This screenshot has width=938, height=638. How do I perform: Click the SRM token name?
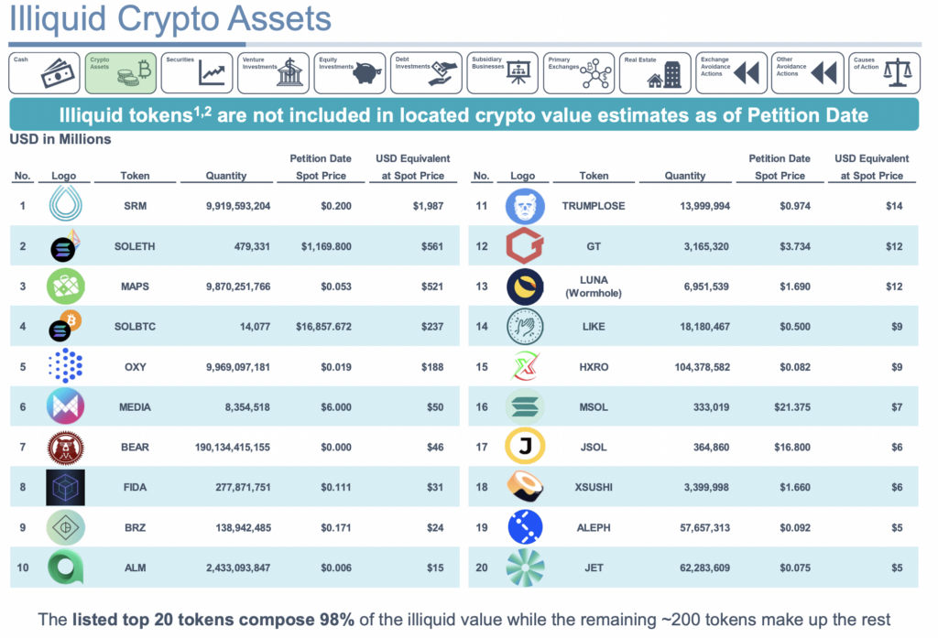tap(135, 206)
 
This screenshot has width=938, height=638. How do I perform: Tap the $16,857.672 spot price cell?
tap(321, 327)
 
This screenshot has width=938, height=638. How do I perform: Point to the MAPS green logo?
tap(65, 287)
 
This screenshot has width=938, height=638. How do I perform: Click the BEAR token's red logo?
tap(65, 448)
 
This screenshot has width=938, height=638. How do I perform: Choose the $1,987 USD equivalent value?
tap(427, 206)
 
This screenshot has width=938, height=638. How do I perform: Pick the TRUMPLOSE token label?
tap(594, 206)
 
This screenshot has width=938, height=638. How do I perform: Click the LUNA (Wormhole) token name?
tap(594, 287)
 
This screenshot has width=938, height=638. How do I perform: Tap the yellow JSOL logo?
tap(525, 448)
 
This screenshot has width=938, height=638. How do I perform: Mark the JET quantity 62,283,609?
tap(698, 568)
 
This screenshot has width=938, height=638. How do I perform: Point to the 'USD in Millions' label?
tap(60, 140)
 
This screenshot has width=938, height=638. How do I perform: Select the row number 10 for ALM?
tap(23, 568)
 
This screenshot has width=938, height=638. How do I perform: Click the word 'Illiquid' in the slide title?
tap(56, 20)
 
